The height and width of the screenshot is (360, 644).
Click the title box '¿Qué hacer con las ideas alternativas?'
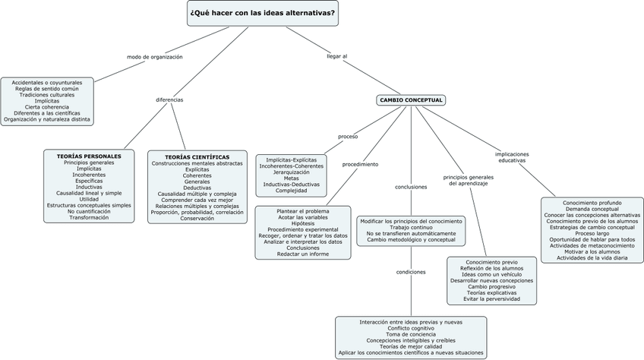[x=262, y=13]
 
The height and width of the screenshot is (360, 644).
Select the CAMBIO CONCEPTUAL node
[x=411, y=99]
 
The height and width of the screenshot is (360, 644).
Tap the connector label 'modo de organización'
[x=155, y=57]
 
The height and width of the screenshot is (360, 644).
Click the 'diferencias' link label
[x=169, y=99]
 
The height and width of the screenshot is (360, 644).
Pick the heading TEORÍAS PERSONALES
[x=89, y=156]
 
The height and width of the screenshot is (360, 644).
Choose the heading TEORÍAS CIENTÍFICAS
[x=197, y=156]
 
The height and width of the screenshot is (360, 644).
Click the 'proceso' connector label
[x=348, y=137]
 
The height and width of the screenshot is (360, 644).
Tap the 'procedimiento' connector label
[x=360, y=164]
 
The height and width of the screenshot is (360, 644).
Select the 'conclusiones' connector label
[x=411, y=187]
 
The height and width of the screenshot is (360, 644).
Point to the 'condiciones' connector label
[x=411, y=271]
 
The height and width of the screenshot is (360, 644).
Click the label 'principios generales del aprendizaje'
[x=467, y=180]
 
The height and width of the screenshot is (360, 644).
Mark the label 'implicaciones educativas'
[x=512, y=157]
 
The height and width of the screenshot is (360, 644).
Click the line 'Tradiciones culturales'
[x=47, y=94]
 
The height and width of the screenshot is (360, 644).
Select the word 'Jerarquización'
[x=292, y=172]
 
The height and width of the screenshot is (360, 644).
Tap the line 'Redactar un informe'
[x=302, y=254]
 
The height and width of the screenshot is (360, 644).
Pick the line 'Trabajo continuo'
[x=411, y=227]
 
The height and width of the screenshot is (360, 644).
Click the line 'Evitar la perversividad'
[x=491, y=298]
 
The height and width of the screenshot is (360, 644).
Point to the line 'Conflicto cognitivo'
[x=411, y=328]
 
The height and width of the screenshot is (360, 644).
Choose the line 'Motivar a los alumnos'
[x=592, y=251]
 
